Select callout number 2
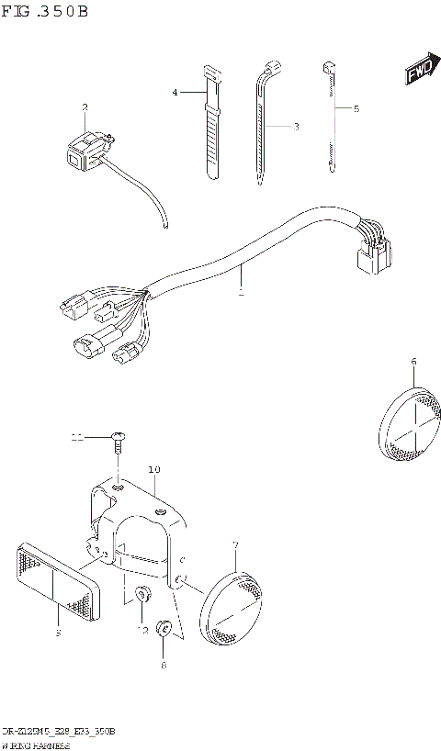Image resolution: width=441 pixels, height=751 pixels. tap(85, 107)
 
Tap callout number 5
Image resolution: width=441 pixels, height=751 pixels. tap(356, 108)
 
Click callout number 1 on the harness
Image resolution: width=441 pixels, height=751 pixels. tap(241, 294)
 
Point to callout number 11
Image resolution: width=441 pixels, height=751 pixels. tap(79, 438)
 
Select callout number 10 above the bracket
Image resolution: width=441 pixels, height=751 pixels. tap(153, 470)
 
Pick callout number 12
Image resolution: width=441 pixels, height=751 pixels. tap(142, 630)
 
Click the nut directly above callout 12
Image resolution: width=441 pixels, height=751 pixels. tap(142, 594)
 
